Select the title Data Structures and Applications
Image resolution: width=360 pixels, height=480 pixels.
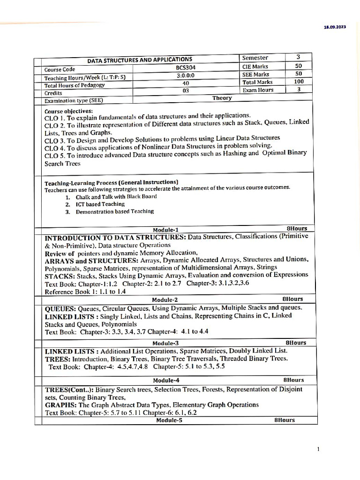click(140, 60)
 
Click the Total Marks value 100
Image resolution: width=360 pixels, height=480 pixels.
click(299, 82)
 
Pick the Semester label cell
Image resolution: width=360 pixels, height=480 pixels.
click(255, 58)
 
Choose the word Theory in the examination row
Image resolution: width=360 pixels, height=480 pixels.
click(222, 98)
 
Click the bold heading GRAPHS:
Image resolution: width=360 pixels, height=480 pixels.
click(60, 405)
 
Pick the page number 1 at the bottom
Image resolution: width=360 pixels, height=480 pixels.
click(318, 450)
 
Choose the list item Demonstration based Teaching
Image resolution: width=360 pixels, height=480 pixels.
click(114, 211)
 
